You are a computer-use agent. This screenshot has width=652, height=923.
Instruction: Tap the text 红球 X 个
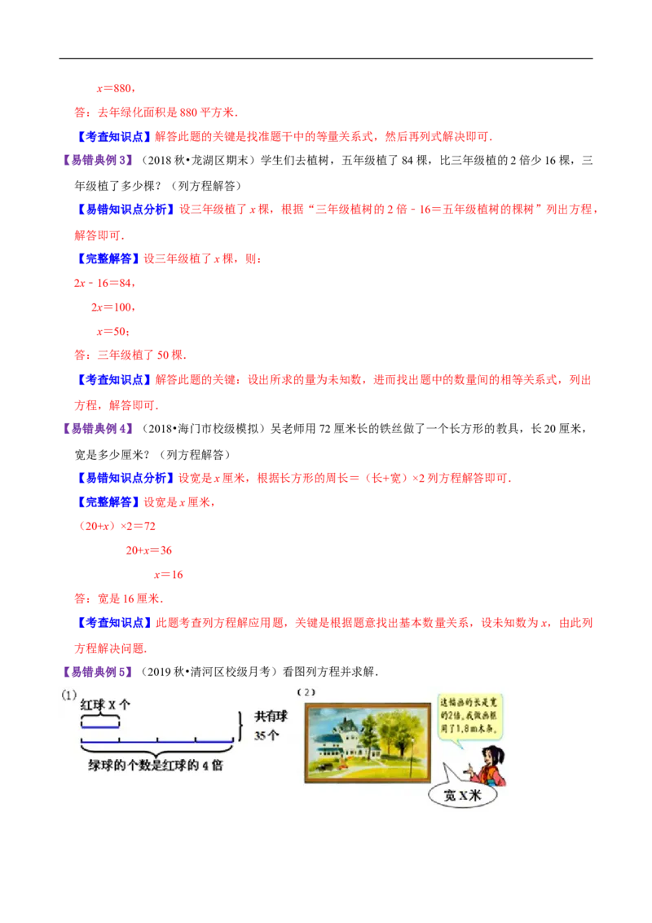tap(105, 706)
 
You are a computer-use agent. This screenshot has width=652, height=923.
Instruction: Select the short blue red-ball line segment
tap(100, 726)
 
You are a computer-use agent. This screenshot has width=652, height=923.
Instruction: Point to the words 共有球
tap(271, 716)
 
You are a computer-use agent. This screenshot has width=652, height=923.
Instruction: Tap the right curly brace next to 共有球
tap(240, 725)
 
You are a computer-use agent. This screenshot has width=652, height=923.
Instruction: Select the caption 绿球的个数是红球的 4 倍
tap(155, 766)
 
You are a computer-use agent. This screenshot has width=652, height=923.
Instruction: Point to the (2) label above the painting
tap(306, 692)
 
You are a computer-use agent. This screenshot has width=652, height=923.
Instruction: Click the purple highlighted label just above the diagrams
tap(99, 672)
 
